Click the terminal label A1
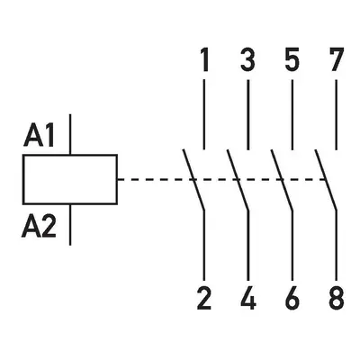(39, 136)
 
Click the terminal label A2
(39, 227)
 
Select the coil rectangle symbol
(70, 179)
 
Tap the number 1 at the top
(204, 61)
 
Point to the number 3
(248, 61)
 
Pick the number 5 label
(292, 61)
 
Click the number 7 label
(337, 61)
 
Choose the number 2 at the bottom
(204, 298)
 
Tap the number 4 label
(248, 298)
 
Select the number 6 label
(292, 298)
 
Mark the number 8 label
(337, 298)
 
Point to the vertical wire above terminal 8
(337, 246)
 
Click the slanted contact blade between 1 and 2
(193, 179)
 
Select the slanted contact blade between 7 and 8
(326, 179)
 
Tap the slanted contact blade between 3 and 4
(238, 179)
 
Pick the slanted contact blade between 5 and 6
(282, 179)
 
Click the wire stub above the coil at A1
(70, 134)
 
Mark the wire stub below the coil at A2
(70, 225)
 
